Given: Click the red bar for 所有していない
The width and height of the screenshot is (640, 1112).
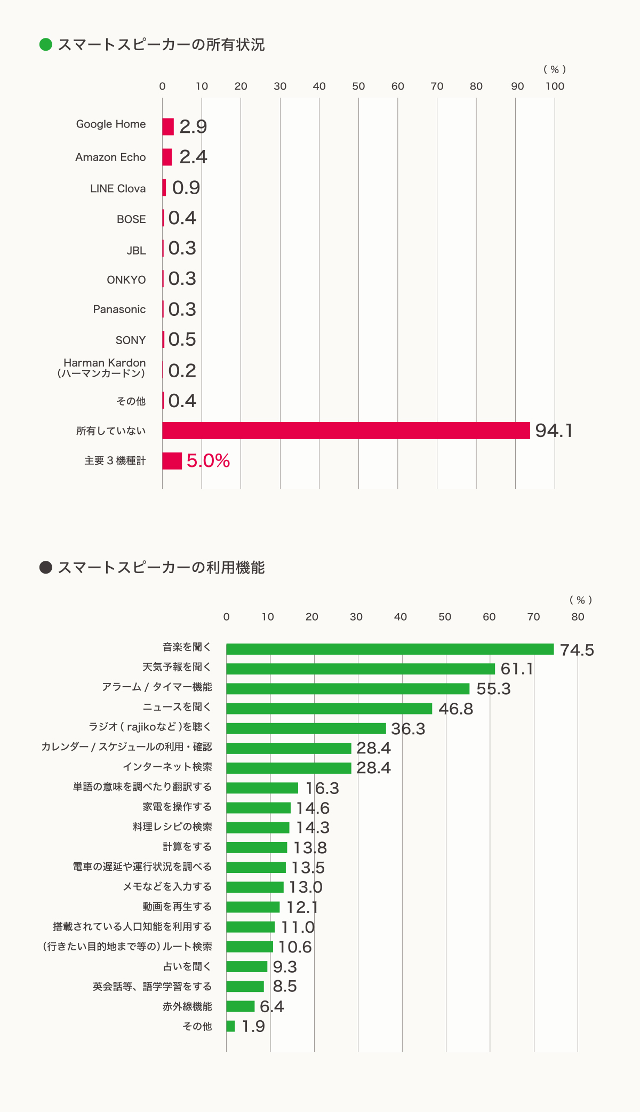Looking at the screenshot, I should click(346, 431).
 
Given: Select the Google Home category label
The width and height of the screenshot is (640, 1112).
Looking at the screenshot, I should click(111, 124).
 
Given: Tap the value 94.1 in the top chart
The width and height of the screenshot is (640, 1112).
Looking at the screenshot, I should click(554, 431).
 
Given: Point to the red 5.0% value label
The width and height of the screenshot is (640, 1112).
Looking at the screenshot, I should click(208, 461).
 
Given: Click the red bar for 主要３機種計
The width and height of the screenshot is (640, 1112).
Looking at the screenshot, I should click(172, 461).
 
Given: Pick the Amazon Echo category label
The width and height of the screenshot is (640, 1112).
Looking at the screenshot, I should click(110, 157).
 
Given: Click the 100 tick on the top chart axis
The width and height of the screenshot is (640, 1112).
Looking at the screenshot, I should click(555, 86).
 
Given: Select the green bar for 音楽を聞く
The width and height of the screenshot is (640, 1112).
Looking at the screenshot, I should click(390, 649).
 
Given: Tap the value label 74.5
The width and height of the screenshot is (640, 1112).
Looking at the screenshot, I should click(577, 650).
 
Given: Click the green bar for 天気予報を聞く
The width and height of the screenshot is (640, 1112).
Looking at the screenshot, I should click(361, 669).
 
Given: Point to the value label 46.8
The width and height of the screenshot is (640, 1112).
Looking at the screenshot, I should click(455, 709).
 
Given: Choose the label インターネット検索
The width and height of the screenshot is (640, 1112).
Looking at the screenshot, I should click(167, 767).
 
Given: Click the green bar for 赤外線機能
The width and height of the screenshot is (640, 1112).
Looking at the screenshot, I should click(240, 1006).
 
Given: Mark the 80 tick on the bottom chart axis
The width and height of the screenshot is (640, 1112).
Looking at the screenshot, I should click(578, 617).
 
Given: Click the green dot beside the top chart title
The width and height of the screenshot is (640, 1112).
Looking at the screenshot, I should click(46, 44).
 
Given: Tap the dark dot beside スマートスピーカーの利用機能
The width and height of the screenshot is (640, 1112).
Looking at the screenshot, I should click(46, 567).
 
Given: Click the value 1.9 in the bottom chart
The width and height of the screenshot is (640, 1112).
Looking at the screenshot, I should click(253, 1027).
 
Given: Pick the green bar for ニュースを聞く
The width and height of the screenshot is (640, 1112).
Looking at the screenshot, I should click(329, 709).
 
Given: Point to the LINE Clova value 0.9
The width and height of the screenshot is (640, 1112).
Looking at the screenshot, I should click(186, 188).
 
